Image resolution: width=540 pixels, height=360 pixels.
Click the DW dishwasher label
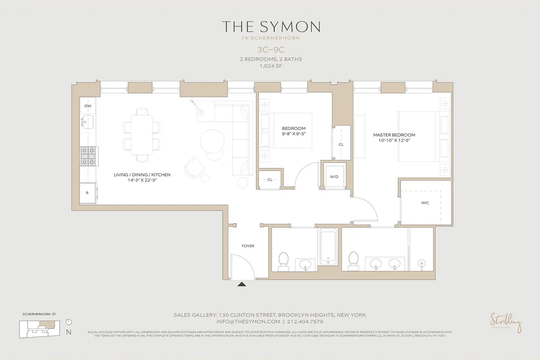pos(88,106)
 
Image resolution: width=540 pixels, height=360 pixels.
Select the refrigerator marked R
pos(87,193)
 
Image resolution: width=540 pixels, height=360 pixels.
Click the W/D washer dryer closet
pos(334,177)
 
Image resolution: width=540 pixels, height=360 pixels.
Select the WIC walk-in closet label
pos(425,203)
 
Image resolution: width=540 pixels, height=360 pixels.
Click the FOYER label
pos(248,246)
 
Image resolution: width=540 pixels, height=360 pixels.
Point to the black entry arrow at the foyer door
pos(242,284)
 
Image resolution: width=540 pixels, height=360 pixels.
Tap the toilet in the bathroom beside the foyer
pos(283,260)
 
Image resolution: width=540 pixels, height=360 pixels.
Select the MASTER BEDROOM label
pos(394,135)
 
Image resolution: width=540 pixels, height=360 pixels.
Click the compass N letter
pos(68,333)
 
